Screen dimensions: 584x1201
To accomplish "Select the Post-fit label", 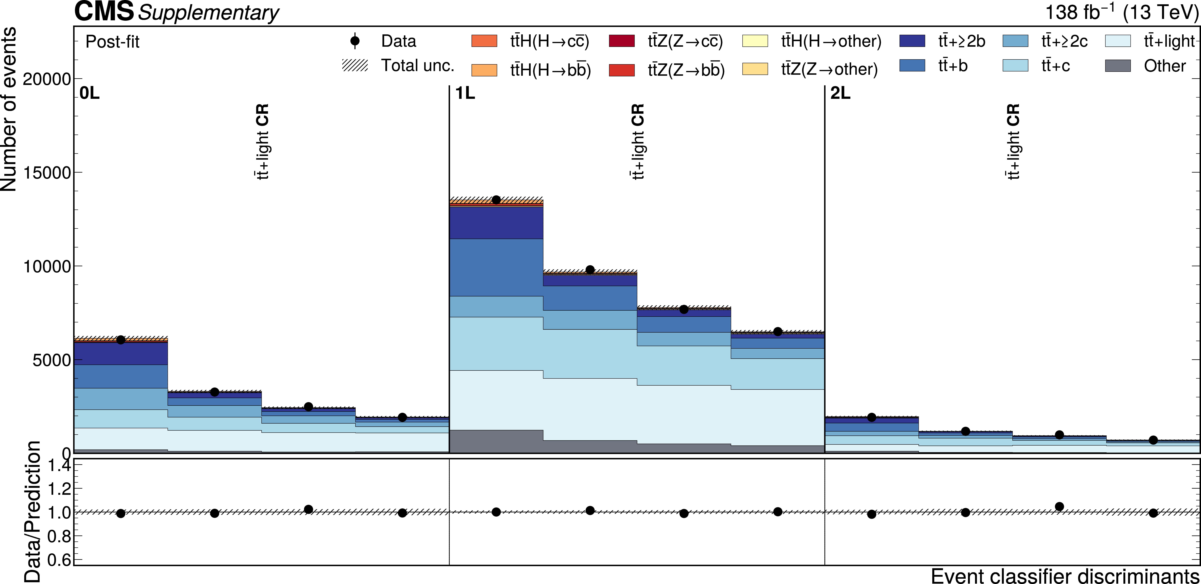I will click(x=112, y=42).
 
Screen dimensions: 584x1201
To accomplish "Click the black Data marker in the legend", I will click(x=355, y=41).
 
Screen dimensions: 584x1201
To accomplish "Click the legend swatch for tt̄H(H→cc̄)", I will click(x=484, y=41).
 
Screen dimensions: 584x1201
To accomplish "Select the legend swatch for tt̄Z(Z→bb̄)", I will click(x=622, y=70).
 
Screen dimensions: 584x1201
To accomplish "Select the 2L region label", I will click(x=840, y=94).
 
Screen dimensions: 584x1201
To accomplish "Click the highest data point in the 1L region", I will click(x=496, y=200).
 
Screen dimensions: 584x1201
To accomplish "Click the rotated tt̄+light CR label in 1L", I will click(x=637, y=141).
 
